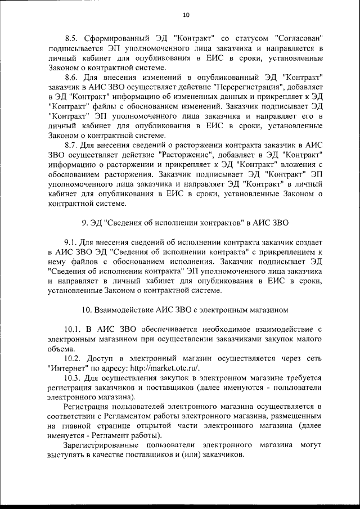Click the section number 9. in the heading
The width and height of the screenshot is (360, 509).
[x=85, y=223]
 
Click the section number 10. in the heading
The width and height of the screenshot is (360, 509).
[x=87, y=309]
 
